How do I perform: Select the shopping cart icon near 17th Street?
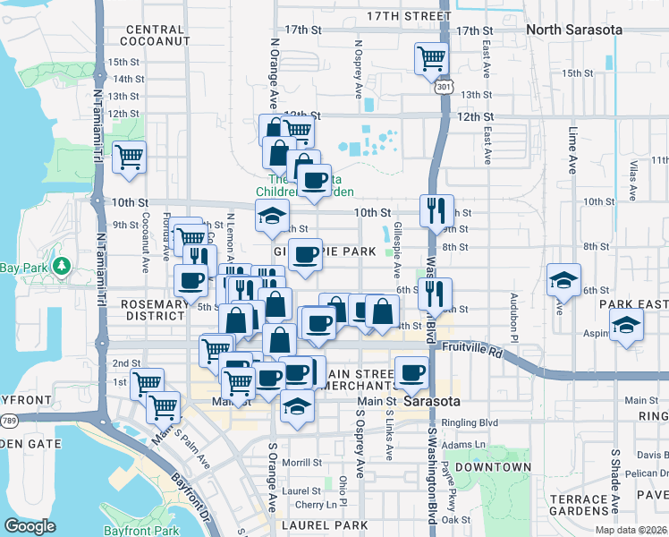pos(431,59)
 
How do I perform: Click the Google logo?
pos(30,526)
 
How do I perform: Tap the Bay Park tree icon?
pos(62,266)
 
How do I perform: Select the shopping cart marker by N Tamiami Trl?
pos(130,158)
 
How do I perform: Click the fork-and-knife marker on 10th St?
pos(436,210)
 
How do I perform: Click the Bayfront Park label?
pos(140,531)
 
